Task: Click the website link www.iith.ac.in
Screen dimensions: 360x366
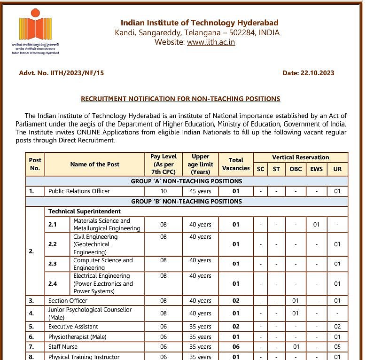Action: click(x=210, y=42)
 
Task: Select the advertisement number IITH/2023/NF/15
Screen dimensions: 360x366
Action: click(x=61, y=73)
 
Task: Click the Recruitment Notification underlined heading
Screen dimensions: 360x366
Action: click(x=180, y=99)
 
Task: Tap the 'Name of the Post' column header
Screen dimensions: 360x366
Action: click(x=94, y=164)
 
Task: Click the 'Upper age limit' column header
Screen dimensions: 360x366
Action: click(x=200, y=164)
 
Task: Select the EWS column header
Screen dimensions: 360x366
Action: click(x=316, y=169)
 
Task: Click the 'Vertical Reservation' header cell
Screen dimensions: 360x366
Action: click(x=300, y=157)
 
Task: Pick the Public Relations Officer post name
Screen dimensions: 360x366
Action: click(x=79, y=191)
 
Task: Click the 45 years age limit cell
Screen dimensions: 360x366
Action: click(x=200, y=191)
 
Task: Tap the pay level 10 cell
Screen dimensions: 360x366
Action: click(x=163, y=191)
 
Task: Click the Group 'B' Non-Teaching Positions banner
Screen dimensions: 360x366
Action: click(x=187, y=201)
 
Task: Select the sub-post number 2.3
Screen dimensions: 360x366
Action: click(x=52, y=264)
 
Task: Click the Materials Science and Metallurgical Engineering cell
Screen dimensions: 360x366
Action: click(x=107, y=225)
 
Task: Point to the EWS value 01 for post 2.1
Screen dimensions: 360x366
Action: click(x=316, y=225)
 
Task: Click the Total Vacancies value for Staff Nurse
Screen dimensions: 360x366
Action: click(x=236, y=347)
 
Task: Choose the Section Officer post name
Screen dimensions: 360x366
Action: click(x=68, y=301)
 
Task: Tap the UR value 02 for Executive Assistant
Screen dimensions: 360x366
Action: click(x=337, y=327)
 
